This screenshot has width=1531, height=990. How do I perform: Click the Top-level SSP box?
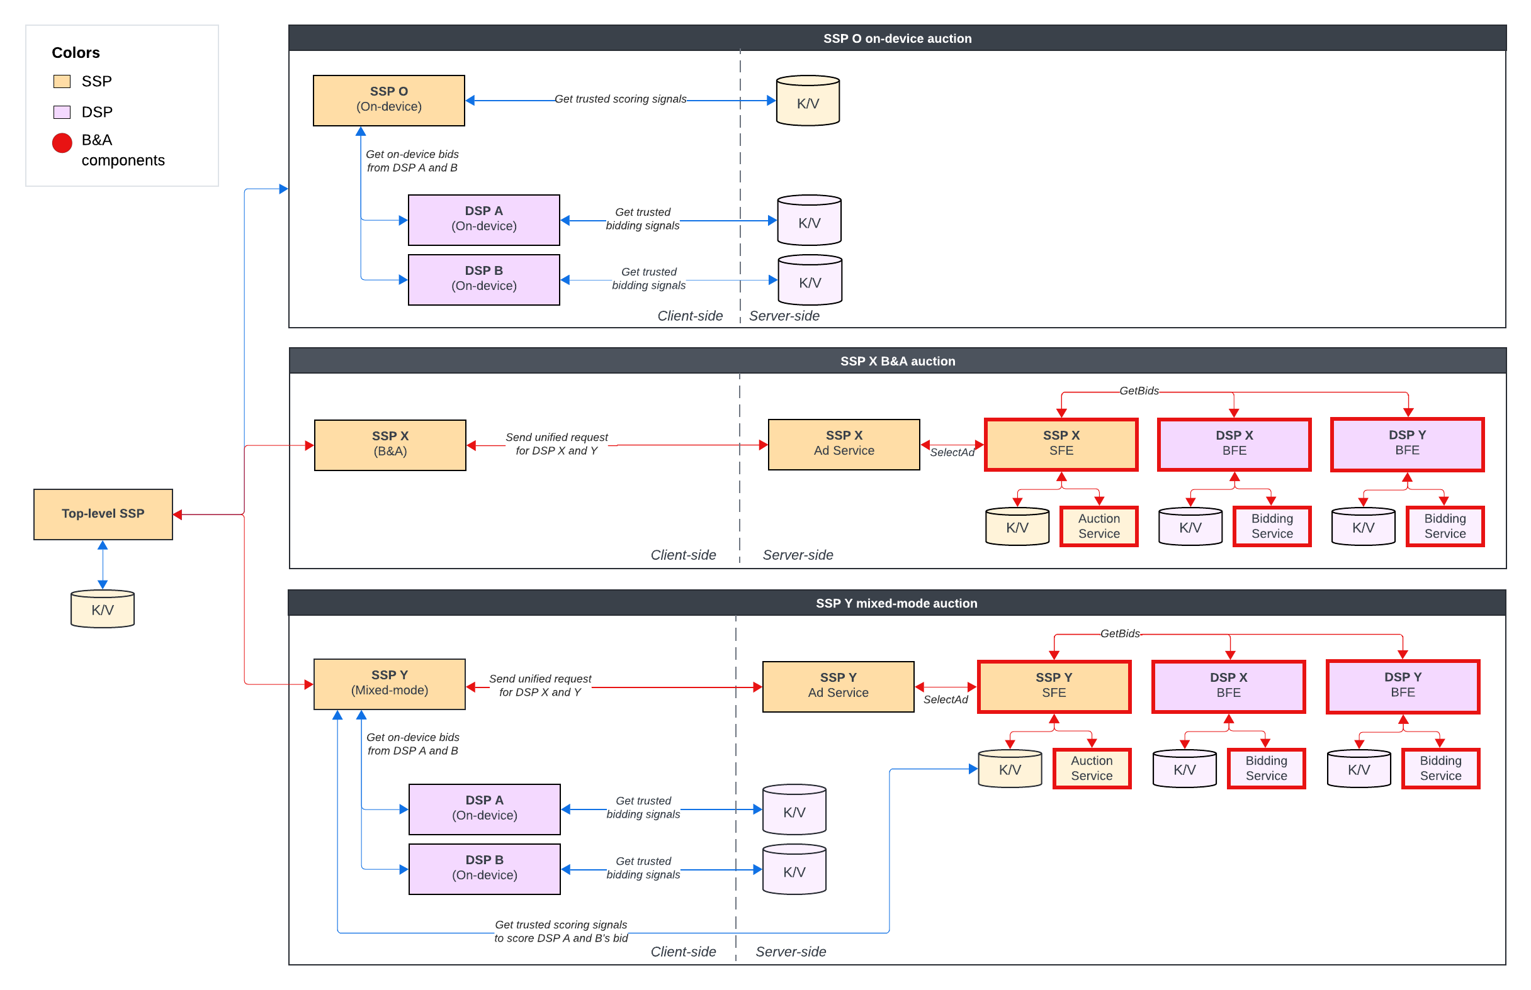[103, 514]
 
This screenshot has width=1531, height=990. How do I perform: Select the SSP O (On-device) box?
[388, 99]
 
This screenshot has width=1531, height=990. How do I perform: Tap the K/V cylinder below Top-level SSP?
[102, 609]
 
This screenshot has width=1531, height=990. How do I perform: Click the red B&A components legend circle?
[62, 143]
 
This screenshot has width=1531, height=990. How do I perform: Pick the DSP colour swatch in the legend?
[62, 113]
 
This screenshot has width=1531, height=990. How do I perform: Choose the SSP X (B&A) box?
[390, 445]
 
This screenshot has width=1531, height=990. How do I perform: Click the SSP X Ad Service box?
[844, 444]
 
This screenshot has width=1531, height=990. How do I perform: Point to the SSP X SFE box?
[1061, 444]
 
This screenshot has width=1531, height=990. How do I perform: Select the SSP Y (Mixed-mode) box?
[389, 683]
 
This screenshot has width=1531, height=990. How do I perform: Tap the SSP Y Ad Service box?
[837, 686]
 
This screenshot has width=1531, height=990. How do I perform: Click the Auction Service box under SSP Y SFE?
[1091, 768]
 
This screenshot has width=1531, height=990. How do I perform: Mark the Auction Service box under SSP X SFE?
[1099, 526]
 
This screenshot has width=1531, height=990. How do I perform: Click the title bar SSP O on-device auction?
[896, 38]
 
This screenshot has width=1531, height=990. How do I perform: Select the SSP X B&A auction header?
[896, 361]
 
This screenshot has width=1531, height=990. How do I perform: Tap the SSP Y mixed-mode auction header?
[896, 604]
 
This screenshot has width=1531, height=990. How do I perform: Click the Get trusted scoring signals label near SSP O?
[620, 99]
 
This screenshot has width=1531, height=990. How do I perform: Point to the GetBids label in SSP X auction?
[1139, 391]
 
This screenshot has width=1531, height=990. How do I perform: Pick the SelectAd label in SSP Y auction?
[945, 699]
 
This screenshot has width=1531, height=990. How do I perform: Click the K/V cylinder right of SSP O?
[807, 101]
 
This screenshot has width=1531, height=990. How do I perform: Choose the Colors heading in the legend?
[76, 53]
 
